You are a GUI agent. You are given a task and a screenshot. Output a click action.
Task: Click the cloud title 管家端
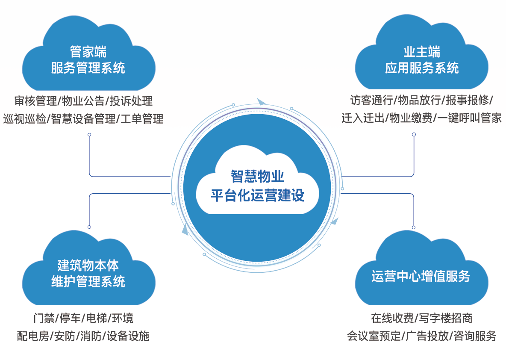click(x=88, y=52)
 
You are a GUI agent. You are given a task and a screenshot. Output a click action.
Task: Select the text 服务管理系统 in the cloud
click(x=88, y=68)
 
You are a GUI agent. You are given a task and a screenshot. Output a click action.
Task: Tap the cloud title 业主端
click(x=422, y=52)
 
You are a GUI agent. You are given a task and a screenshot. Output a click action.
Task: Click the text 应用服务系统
click(x=422, y=68)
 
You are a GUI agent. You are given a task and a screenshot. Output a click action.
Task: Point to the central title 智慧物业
click(x=258, y=176)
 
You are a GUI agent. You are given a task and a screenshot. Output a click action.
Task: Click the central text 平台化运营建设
click(x=258, y=195)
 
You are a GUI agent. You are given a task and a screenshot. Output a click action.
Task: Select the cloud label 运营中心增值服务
click(x=421, y=276)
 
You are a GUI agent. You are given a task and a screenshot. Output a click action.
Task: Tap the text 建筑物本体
click(x=88, y=266)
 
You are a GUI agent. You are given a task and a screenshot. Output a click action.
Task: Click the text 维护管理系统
click(x=88, y=281)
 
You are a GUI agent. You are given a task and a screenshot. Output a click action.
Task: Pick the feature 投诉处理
click(x=131, y=101)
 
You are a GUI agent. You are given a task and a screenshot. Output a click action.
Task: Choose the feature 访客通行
click(x=371, y=100)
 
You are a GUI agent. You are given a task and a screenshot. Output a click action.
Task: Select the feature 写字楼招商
click(x=446, y=319)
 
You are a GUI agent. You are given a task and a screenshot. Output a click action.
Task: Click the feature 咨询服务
click(x=475, y=336)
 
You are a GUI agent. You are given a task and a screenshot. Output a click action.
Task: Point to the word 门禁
click(x=44, y=319)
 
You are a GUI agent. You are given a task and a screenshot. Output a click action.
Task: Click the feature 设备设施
click(x=128, y=336)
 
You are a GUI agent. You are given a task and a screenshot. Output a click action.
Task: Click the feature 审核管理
click(x=35, y=101)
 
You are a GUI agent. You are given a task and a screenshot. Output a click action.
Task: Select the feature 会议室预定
click(x=374, y=336)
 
